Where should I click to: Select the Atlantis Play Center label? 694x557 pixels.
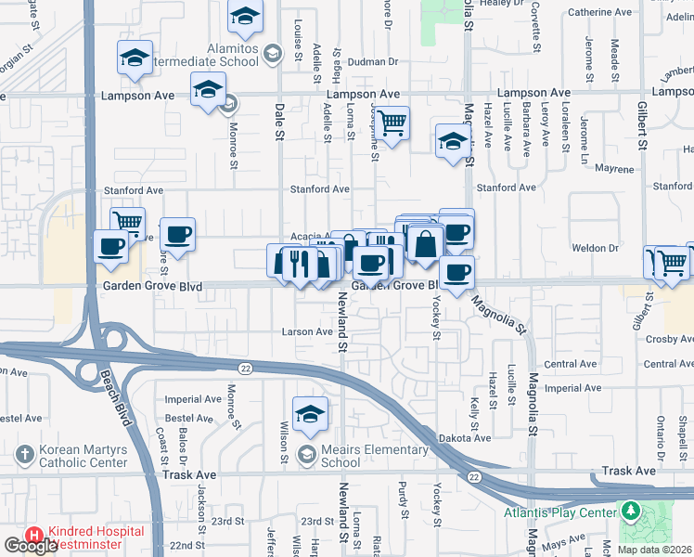[560, 512]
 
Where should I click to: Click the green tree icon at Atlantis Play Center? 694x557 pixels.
[630, 512]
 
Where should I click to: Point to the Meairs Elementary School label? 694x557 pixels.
[341, 456]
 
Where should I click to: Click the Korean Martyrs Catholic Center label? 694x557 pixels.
[84, 456]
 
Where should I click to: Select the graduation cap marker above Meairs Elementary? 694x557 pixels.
[310, 413]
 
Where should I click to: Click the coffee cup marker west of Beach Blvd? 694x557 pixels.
[110, 246]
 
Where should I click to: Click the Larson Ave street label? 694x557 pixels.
[307, 331]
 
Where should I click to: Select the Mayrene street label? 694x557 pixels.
[614, 170]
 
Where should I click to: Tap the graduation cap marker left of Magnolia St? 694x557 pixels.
[452, 141]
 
